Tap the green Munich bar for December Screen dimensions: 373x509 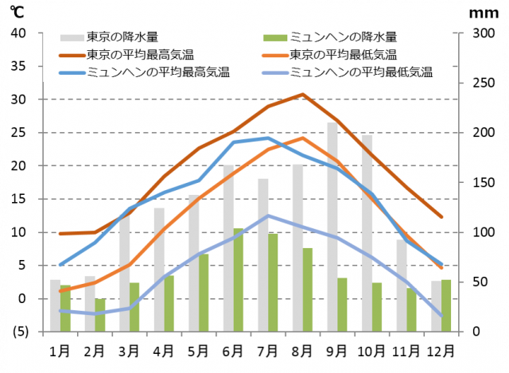pos(446,305)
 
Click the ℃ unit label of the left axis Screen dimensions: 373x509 pos(17,12)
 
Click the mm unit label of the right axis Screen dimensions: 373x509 pos(482,12)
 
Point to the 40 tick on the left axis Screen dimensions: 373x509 pos(18,33)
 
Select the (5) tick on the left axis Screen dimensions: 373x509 pos(17,332)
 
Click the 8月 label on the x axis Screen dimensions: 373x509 pos(302,350)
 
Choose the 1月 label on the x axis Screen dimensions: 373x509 pos(60,350)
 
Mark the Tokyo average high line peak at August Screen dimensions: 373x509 pos(302,94)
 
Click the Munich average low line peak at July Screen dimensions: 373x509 pos(268,216)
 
